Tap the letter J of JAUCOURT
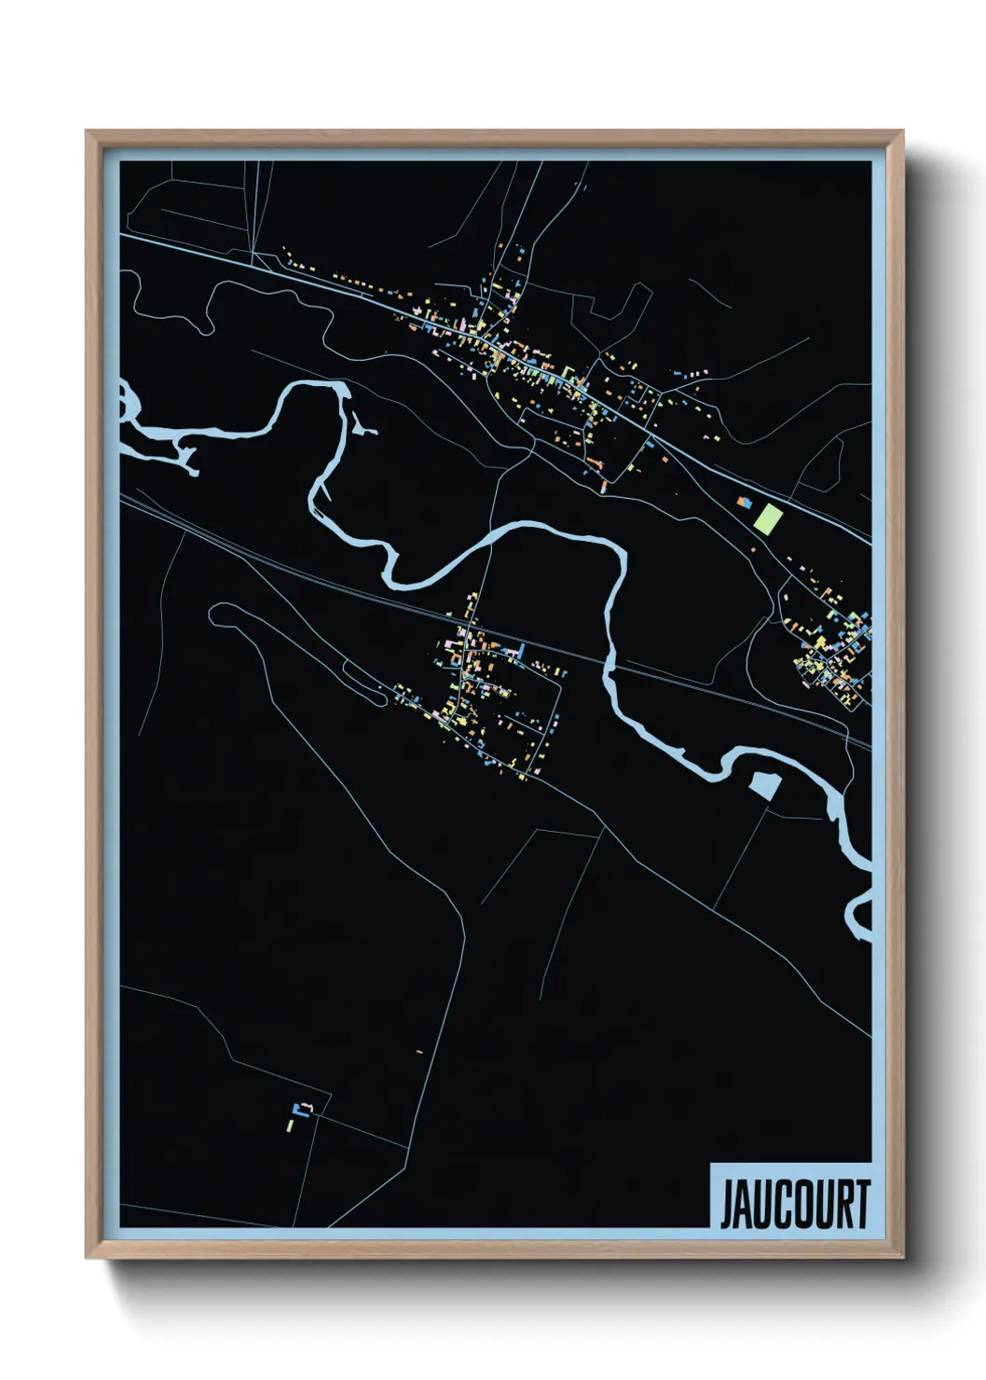coord(728,1205)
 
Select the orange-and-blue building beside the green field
coord(745,502)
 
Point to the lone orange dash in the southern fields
coord(419,1052)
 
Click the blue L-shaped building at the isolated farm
coord(300,1108)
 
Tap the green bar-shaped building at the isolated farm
coord(290,1126)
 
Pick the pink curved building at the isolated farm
coord(308,1107)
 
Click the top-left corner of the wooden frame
coord(88,132)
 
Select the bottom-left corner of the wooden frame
coord(88,1257)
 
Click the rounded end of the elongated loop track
coord(220,614)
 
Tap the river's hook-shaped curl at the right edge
coord(856,918)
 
